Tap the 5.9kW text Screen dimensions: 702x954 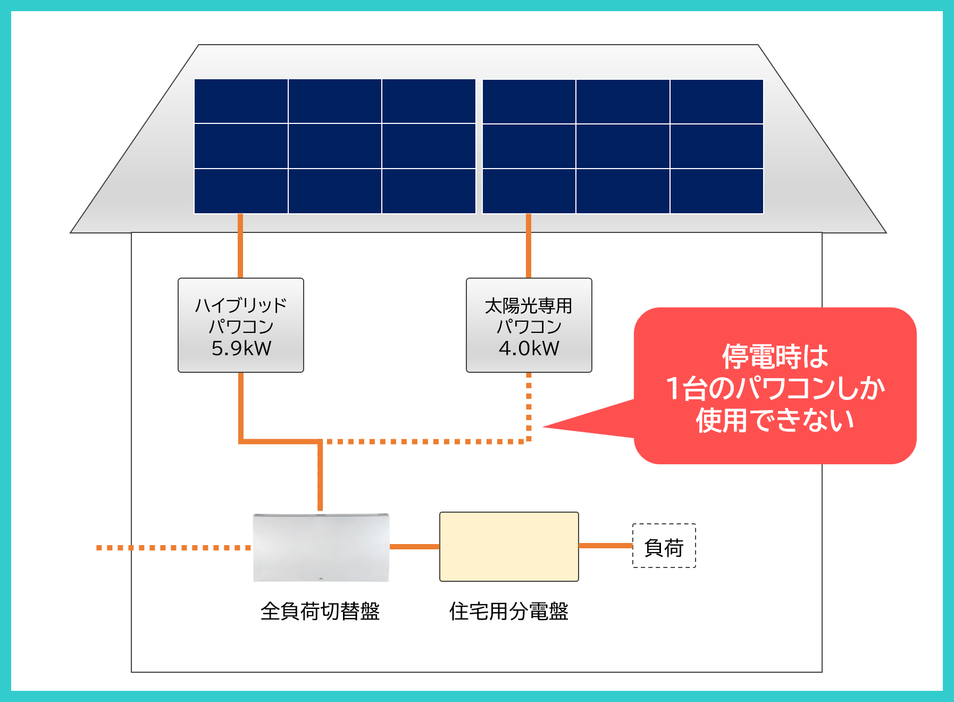[x=241, y=349]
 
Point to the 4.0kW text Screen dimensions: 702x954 [x=529, y=349]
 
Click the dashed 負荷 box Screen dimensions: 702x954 [x=664, y=546]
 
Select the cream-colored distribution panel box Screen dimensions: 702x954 [x=509, y=547]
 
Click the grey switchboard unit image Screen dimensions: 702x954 [x=321, y=548]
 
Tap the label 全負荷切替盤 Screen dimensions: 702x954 [x=320, y=612]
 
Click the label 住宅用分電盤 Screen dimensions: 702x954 [x=509, y=612]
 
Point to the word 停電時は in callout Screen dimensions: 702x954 [x=775, y=356]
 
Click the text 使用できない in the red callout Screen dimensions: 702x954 [x=775, y=421]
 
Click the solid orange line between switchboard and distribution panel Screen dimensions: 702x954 [x=414, y=547]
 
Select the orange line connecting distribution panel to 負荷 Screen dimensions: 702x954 [x=605, y=546]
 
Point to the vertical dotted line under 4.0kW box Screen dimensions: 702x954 [x=529, y=404]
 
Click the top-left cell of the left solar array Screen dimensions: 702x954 [x=241, y=101]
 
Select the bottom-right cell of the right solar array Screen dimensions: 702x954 [x=717, y=191]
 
